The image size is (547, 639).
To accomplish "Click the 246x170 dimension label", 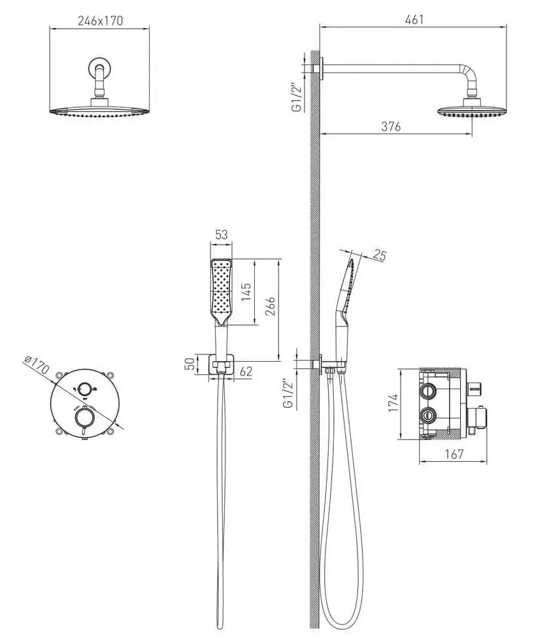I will tap(100, 21).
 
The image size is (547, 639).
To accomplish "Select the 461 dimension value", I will tap(414, 20).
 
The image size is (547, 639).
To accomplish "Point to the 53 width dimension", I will tap(221, 235).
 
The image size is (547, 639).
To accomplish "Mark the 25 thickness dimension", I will tap(378, 255).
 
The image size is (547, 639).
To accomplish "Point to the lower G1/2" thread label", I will tap(288, 394).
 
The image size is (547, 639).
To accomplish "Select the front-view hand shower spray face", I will tap(222, 289).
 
